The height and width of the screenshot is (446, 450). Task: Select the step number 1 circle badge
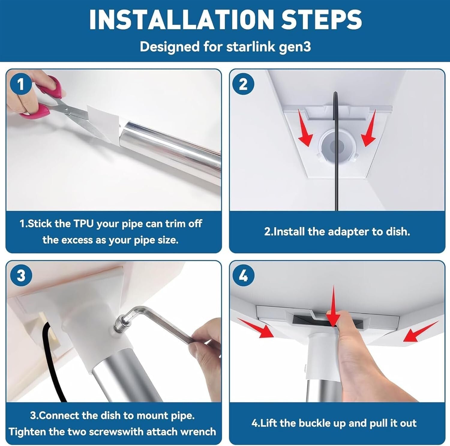(20, 84)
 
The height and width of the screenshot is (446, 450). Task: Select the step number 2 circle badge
(243, 84)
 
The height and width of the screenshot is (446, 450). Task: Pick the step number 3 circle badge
(21, 275)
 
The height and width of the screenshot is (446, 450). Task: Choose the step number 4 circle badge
(243, 275)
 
